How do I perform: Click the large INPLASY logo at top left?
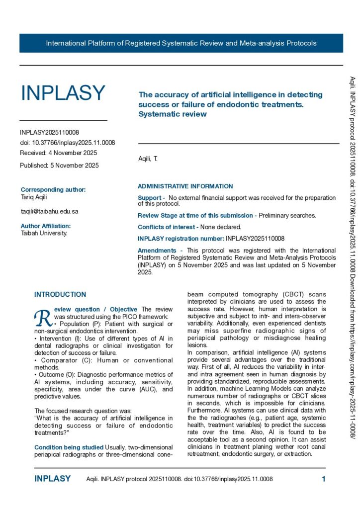coord(63,93)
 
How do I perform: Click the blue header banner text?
coord(181,43)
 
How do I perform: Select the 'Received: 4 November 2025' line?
coord(58,153)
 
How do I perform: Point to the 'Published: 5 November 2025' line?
coord(59,165)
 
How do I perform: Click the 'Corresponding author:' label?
coord(53,189)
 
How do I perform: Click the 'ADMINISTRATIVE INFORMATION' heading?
coord(185,186)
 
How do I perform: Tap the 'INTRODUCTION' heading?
coord(60,295)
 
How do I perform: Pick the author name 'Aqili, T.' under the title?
coord(147,159)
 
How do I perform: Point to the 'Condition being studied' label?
coord(69,448)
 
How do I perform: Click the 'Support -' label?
coord(151,198)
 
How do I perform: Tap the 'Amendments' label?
coord(156,251)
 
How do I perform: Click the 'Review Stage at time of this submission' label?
coord(195,215)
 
